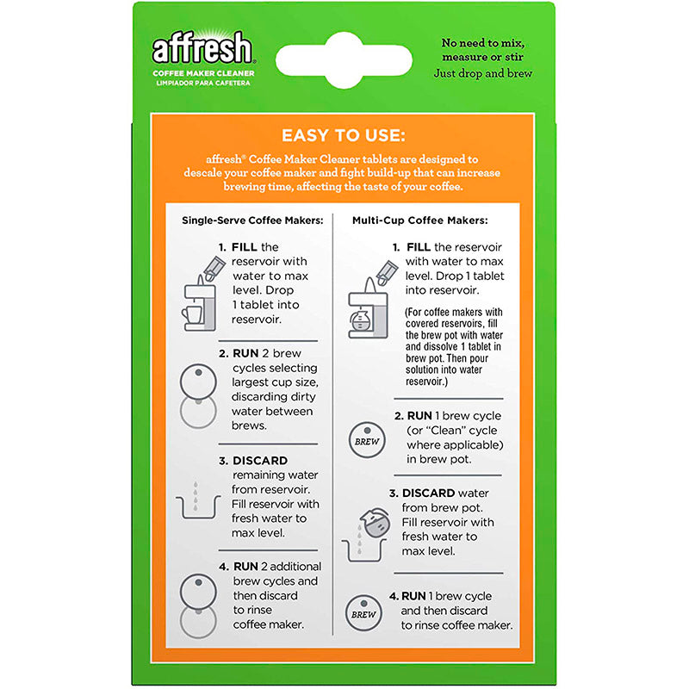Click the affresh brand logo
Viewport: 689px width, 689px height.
point(203,47)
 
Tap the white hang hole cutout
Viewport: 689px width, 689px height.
point(344,60)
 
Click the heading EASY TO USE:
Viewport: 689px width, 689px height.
point(343,135)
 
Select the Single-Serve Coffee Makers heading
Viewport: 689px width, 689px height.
point(252,220)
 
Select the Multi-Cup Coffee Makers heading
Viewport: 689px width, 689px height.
point(420,220)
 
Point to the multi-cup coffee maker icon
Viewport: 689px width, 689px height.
point(369,299)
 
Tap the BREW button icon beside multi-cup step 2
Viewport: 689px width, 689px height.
point(367,440)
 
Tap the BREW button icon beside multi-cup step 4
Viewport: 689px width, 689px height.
point(363,613)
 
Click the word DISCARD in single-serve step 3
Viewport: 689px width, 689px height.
point(260,461)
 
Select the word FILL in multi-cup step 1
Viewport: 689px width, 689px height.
point(419,247)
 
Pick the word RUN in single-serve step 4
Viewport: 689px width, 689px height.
point(245,567)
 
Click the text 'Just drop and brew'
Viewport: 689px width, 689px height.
point(483,73)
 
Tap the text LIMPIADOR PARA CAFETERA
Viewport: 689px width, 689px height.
point(203,83)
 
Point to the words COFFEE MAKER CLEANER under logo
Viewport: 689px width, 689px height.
point(203,73)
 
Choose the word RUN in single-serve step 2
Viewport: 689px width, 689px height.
point(245,353)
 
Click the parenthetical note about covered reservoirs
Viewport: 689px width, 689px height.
point(454,347)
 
